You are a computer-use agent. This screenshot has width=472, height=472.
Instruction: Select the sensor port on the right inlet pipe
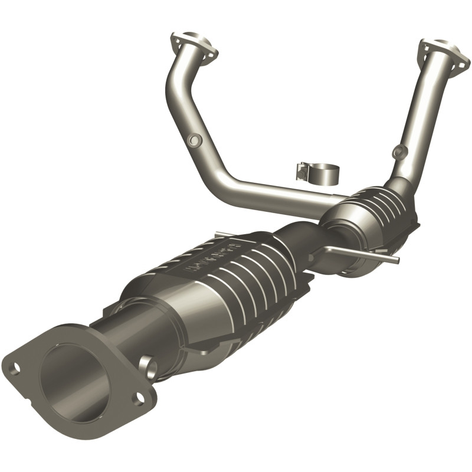[x=400, y=150]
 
